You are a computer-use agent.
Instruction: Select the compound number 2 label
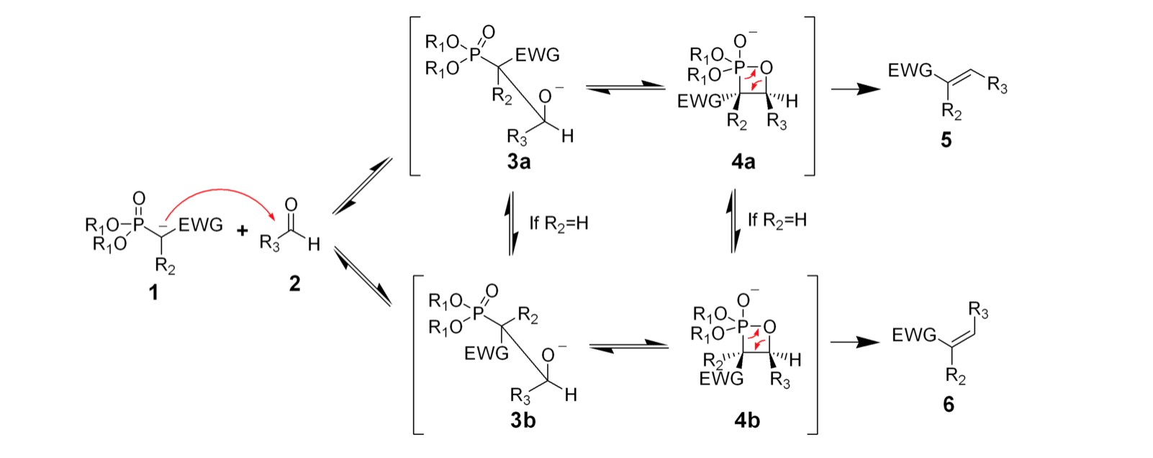(x=294, y=284)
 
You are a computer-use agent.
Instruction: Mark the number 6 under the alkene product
(x=948, y=405)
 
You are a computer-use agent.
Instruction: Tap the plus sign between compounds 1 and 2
(x=242, y=231)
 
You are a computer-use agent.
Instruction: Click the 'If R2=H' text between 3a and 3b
(x=559, y=223)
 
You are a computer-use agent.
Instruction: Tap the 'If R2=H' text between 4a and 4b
(x=777, y=220)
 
